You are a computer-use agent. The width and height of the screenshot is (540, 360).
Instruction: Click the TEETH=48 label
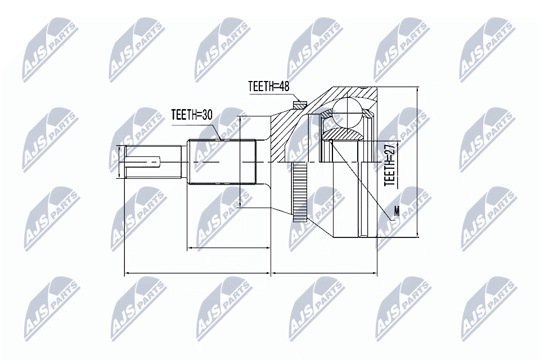tap(268, 87)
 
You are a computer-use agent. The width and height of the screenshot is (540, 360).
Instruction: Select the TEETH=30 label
tap(191, 115)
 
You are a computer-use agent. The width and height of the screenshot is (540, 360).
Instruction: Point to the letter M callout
tap(397, 211)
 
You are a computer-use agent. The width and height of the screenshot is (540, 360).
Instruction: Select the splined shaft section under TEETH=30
tap(222, 163)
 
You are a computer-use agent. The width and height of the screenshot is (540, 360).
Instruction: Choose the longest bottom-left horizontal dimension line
tap(197, 273)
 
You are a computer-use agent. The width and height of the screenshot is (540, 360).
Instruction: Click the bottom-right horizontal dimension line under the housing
tap(324, 273)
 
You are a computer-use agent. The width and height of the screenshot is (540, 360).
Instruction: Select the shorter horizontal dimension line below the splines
tap(228, 247)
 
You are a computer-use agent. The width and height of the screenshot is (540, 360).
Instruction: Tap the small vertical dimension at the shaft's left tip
tap(119, 163)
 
